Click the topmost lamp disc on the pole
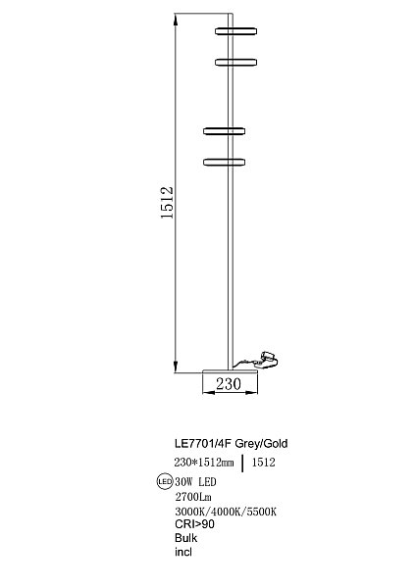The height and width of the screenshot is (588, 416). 236,31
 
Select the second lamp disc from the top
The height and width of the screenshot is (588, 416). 236,63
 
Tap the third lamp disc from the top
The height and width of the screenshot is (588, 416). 225,131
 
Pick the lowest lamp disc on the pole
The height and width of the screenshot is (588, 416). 225,162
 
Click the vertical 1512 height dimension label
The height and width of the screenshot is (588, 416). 167,203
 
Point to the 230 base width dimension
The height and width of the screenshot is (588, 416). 229,384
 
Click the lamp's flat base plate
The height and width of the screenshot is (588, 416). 230,371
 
